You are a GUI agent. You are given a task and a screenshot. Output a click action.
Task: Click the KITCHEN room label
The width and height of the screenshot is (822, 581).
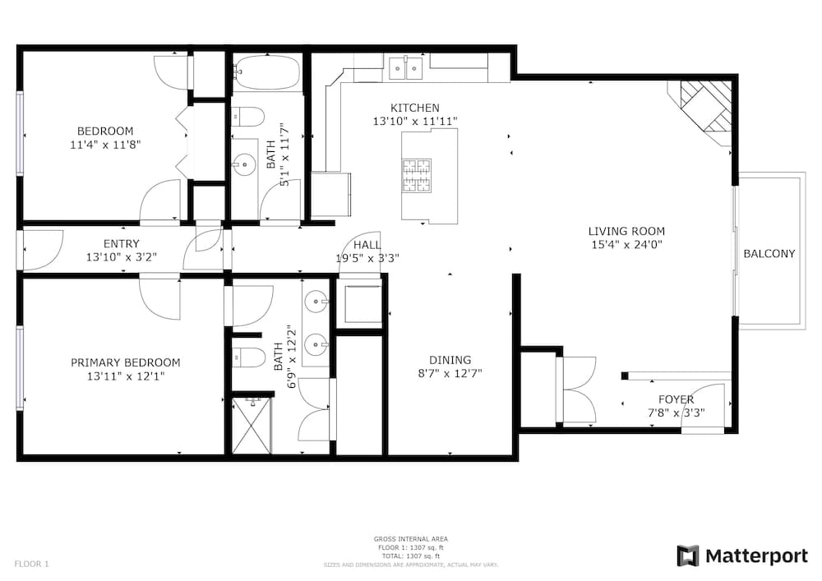click(414, 108)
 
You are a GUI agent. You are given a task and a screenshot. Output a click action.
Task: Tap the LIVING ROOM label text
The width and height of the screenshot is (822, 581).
click(626, 231)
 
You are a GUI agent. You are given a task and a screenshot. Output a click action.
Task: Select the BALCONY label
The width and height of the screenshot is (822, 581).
click(769, 254)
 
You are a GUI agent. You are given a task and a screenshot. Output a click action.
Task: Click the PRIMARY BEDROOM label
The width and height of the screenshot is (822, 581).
click(125, 362)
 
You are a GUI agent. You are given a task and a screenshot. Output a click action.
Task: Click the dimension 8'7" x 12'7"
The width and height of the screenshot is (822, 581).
click(450, 373)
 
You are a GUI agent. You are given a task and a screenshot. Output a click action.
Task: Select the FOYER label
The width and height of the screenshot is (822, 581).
click(676, 399)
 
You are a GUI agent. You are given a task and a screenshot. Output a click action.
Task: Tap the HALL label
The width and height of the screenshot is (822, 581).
click(367, 245)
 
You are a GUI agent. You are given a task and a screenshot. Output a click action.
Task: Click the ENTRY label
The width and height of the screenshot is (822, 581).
click(121, 243)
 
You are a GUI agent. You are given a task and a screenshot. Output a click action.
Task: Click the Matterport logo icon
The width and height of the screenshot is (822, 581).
click(687, 556)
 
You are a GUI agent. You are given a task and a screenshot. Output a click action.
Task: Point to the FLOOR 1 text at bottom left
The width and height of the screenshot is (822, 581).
click(31, 564)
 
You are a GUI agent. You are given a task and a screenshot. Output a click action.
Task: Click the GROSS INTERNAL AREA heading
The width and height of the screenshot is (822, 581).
click(410, 539)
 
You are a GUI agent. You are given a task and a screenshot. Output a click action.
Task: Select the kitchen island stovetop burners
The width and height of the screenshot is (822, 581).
click(415, 173)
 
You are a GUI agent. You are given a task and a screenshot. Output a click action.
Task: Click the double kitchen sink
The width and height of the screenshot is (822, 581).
click(406, 66)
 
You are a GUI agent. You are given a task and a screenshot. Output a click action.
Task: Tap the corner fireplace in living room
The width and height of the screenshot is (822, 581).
click(704, 108)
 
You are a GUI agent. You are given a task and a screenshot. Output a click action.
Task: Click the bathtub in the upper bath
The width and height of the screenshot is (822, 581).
click(266, 72)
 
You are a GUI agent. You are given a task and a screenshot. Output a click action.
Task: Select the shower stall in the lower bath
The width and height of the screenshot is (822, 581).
click(251, 425)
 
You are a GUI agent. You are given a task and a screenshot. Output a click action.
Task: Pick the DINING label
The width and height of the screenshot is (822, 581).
click(450, 360)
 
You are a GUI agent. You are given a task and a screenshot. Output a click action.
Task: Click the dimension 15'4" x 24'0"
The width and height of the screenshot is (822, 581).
click(626, 244)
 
